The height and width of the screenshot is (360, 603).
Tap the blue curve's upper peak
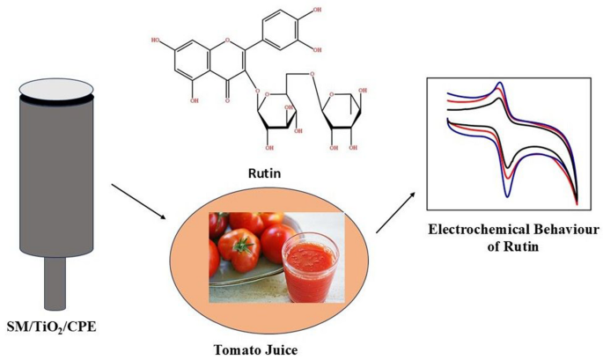[501, 85]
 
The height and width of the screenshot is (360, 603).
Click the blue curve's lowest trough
[511, 174]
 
